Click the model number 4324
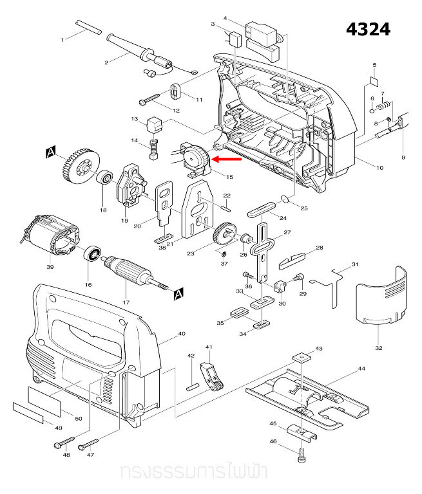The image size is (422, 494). tap(368, 30)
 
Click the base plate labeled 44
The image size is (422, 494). tap(308, 399)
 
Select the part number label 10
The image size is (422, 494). tap(379, 168)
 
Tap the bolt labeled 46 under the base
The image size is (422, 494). tap(302, 456)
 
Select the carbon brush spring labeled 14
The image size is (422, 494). tap(154, 150)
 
